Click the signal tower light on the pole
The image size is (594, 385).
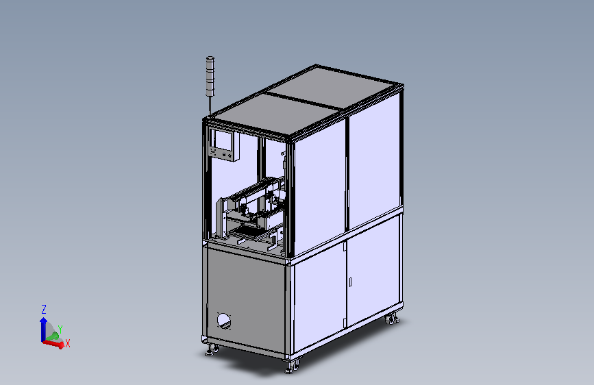pyautogui.click(x=210, y=77)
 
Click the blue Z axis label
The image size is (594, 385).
pyautogui.click(x=44, y=310)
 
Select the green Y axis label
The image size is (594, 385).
pyautogui.click(x=60, y=330)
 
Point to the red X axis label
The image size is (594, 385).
pyautogui.click(x=68, y=343)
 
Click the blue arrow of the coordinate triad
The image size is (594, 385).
pyautogui.click(x=43, y=329)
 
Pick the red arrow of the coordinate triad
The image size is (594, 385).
pyautogui.click(x=53, y=344)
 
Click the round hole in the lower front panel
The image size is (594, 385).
pyautogui.click(x=223, y=321)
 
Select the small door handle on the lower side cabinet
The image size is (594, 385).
pyautogui.click(x=350, y=282)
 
